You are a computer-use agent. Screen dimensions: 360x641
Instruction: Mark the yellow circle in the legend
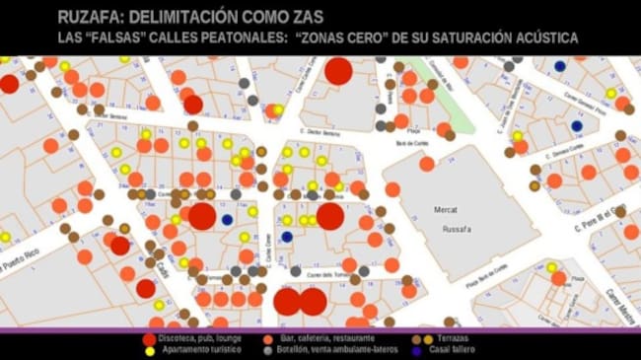150,350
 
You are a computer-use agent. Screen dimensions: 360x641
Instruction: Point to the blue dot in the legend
416,350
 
